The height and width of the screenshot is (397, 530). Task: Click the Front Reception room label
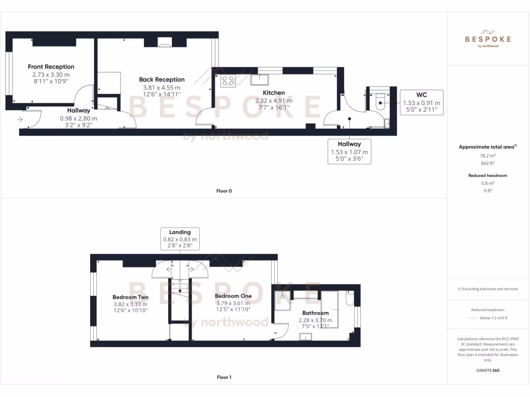click(x=51, y=67)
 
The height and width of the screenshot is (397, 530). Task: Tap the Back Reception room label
click(x=161, y=80)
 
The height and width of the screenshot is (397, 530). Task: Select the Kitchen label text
click(x=273, y=93)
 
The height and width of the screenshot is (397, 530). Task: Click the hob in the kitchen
click(x=228, y=80)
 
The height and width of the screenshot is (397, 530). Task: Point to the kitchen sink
click(x=260, y=79)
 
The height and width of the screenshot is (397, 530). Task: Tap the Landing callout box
click(x=180, y=239)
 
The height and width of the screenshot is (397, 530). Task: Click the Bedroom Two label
click(x=130, y=297)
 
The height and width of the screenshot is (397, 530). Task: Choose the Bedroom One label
click(x=233, y=296)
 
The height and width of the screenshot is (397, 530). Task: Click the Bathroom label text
click(x=315, y=313)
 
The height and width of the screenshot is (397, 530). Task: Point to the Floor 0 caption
click(x=224, y=191)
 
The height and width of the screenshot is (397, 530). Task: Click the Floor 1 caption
click(x=224, y=377)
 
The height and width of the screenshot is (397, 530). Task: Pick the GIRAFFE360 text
click(x=488, y=371)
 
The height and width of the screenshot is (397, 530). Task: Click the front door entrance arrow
click(x=20, y=119)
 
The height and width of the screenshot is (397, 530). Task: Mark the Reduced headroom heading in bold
click(x=488, y=176)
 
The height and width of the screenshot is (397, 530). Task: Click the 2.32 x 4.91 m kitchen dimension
click(x=273, y=101)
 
